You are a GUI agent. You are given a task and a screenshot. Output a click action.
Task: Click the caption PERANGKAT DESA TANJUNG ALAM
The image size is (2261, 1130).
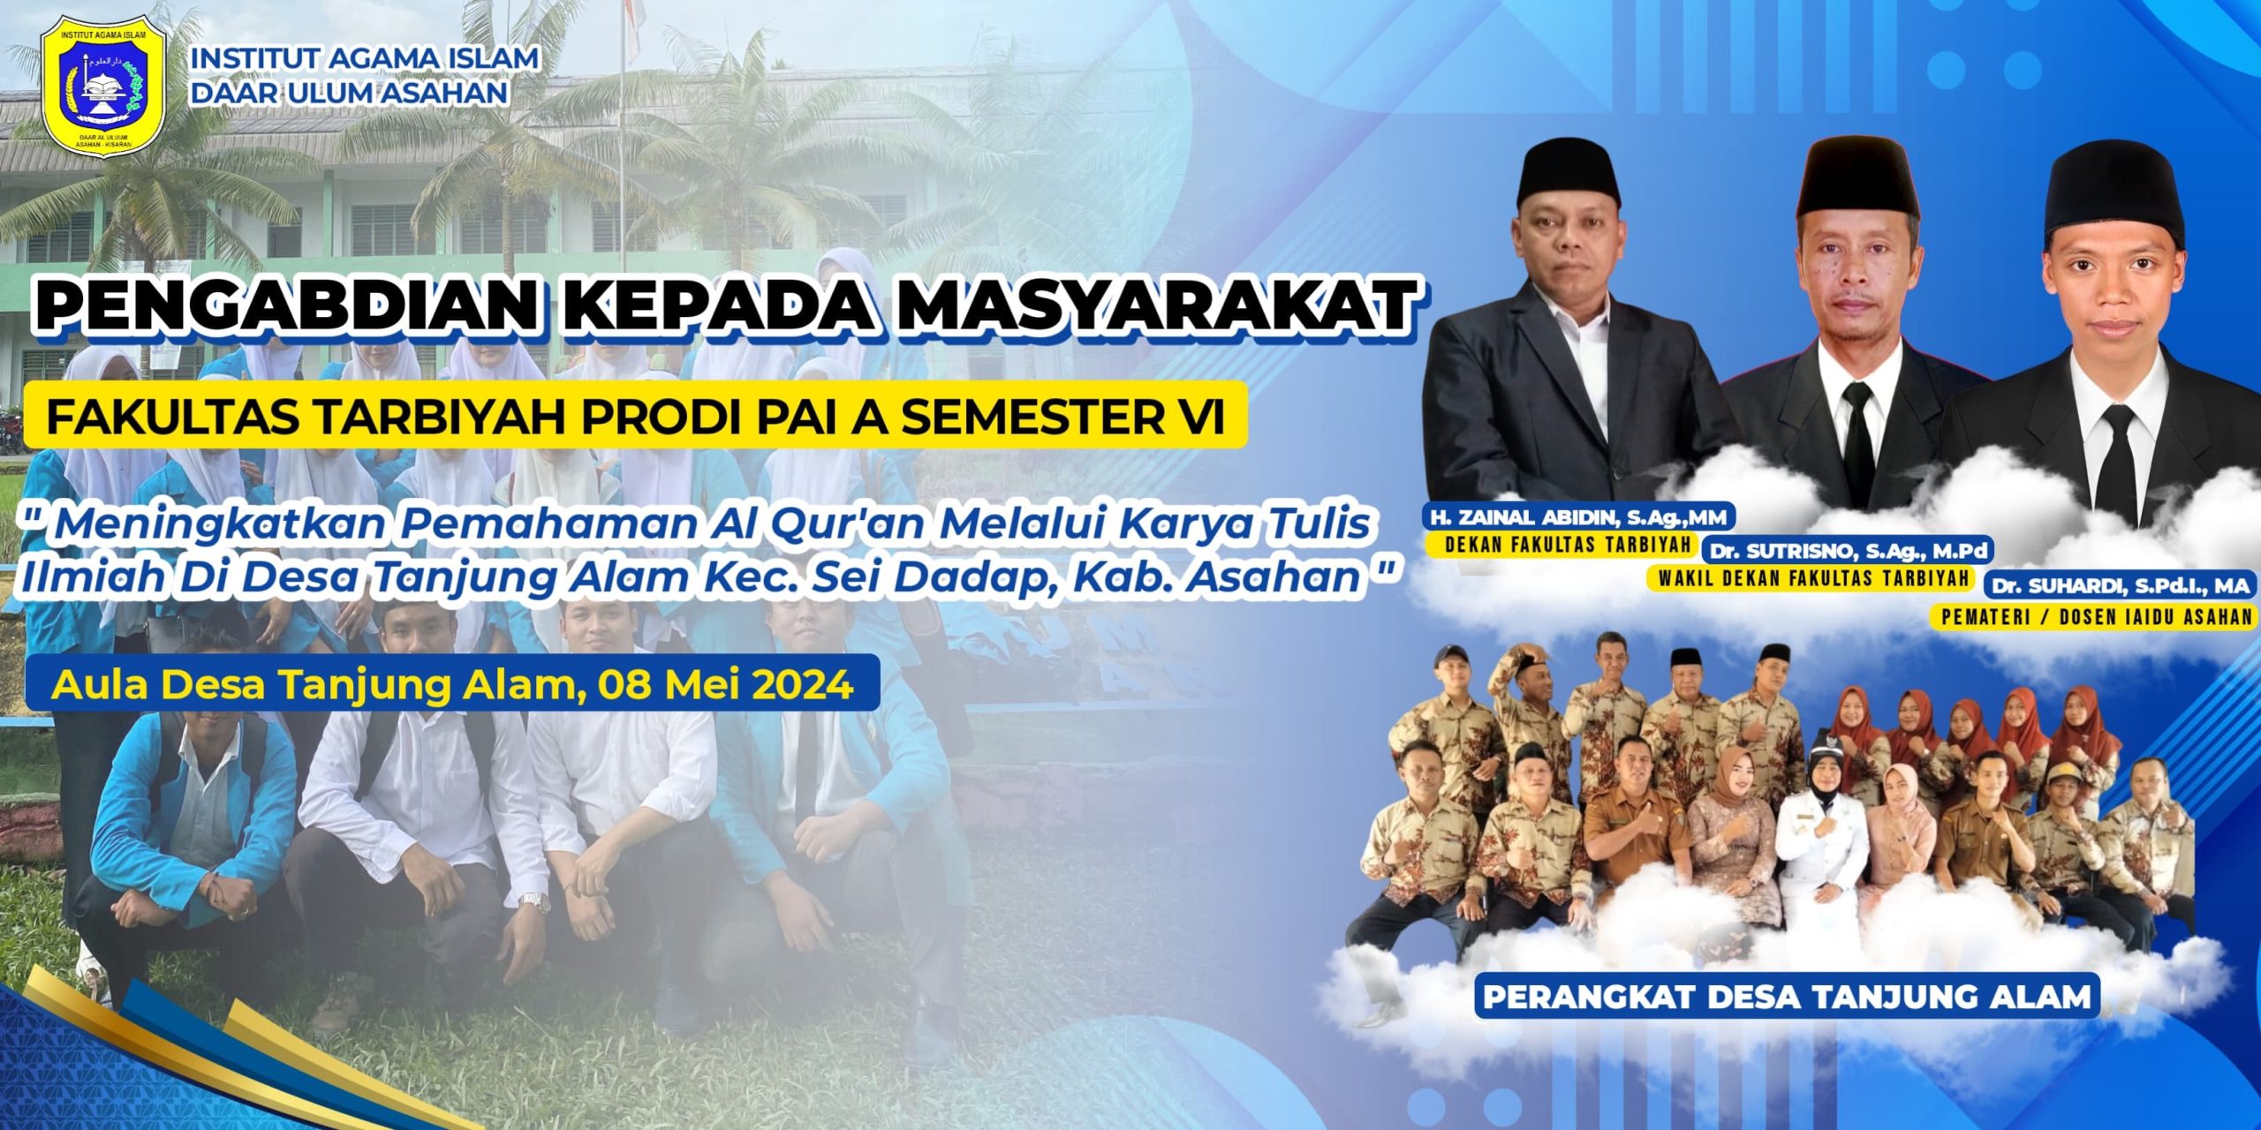tap(1787, 997)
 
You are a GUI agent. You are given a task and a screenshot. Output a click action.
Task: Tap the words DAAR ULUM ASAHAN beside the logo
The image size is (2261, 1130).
tap(350, 92)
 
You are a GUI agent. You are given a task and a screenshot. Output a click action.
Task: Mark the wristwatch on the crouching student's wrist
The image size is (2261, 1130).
tap(534, 901)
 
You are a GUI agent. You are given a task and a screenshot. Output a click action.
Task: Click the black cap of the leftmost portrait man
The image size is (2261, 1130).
tap(1569, 176)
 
